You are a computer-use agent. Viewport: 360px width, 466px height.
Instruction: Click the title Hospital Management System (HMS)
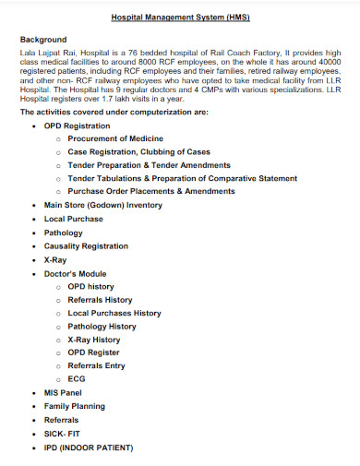(180, 18)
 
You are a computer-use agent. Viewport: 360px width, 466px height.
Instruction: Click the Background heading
(43, 40)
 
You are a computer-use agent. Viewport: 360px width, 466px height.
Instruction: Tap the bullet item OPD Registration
(78, 125)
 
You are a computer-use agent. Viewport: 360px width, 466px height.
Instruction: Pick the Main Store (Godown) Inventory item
(102, 205)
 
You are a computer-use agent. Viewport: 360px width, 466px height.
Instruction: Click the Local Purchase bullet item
(75, 219)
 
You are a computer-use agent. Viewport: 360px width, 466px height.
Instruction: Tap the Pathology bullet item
(64, 233)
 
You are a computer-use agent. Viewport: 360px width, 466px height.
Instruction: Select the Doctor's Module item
(76, 274)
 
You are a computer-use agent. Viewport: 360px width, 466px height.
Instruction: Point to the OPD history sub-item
(91, 287)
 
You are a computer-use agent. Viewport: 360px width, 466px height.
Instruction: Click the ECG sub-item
(77, 379)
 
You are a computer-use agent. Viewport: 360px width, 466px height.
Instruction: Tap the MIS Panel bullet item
(64, 392)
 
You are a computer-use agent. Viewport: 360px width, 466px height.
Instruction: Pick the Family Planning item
(75, 406)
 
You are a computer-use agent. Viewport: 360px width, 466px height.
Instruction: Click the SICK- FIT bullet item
(63, 434)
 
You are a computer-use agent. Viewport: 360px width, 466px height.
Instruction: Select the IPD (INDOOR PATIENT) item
(89, 448)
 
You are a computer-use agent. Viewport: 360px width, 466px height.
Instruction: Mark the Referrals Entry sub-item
(96, 365)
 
